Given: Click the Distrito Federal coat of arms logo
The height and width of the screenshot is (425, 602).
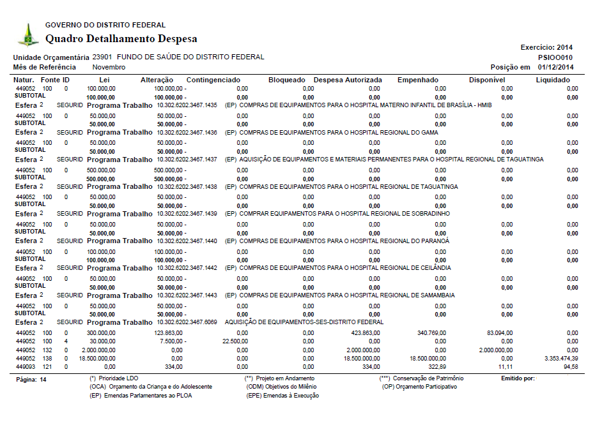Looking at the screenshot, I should coord(27,34).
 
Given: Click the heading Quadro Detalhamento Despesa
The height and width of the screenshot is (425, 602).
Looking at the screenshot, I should coord(121,39).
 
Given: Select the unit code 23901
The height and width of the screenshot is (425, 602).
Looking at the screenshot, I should coord(103,57).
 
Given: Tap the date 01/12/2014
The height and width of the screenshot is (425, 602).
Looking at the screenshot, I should coord(555,67).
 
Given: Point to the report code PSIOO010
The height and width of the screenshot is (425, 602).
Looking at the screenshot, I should coord(555,57).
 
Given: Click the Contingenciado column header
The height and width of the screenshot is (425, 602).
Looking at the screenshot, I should coord(213,80).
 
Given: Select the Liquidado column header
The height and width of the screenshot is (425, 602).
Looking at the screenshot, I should coord(553,80).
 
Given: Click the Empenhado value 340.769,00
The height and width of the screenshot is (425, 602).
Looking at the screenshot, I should coord(431,333).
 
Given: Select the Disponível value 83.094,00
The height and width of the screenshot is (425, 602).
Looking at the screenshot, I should coord(500,333).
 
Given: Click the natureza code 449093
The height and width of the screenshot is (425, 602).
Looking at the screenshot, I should coord(26,368).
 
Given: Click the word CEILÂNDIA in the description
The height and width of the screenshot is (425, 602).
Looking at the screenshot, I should coord(435,268).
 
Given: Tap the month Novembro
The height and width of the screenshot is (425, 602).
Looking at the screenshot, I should coord(109,67).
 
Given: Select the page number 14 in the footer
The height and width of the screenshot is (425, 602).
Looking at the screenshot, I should coord(43,379).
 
